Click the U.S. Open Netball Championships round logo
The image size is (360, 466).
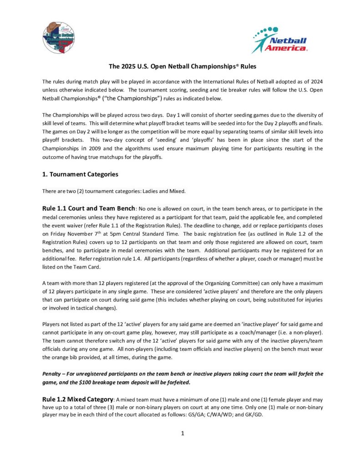tap(58, 37)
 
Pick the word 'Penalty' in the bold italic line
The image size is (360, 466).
tap(54, 374)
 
